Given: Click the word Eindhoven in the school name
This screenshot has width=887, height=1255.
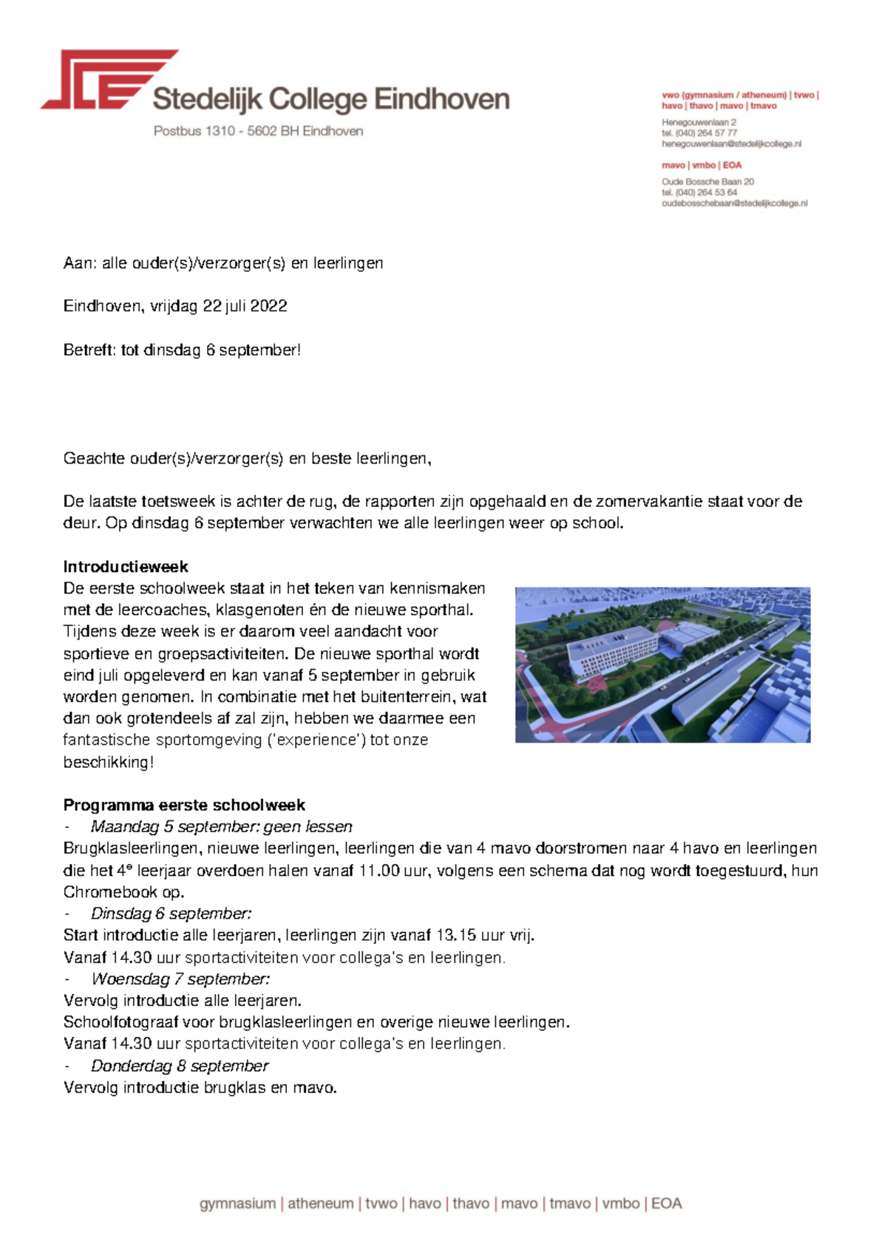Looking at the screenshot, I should [442, 99].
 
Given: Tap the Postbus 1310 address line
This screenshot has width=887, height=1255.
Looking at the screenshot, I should [258, 131].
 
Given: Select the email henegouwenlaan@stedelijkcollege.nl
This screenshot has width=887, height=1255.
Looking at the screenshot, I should [731, 144].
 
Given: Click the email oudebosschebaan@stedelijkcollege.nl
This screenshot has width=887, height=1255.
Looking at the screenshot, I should [734, 203].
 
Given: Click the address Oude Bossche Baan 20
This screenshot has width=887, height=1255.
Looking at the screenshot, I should [707, 182].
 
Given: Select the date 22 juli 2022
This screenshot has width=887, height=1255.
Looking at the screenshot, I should [245, 306].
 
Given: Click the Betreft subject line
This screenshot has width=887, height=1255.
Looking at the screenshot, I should [182, 350].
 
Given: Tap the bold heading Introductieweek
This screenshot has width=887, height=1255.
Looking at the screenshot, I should [126, 567].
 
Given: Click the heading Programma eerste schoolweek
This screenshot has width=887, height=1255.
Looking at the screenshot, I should [184, 805].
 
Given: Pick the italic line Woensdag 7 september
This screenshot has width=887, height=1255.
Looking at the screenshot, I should [180, 979].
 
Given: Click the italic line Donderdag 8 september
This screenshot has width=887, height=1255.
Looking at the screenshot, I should [180, 1066].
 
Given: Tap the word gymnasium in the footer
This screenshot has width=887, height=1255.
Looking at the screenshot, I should [237, 1203].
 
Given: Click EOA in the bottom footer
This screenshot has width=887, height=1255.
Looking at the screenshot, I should [666, 1203].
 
